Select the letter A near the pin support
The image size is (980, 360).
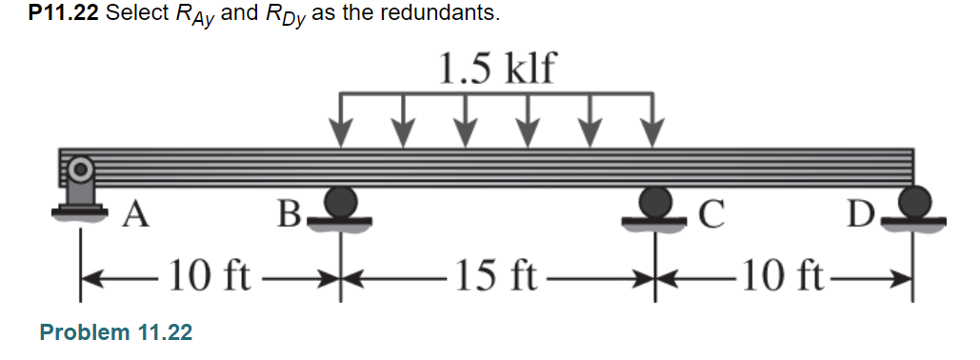(136, 216)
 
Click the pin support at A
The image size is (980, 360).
(80, 190)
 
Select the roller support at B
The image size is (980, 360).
(340, 204)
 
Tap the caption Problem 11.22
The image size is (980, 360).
(115, 332)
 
